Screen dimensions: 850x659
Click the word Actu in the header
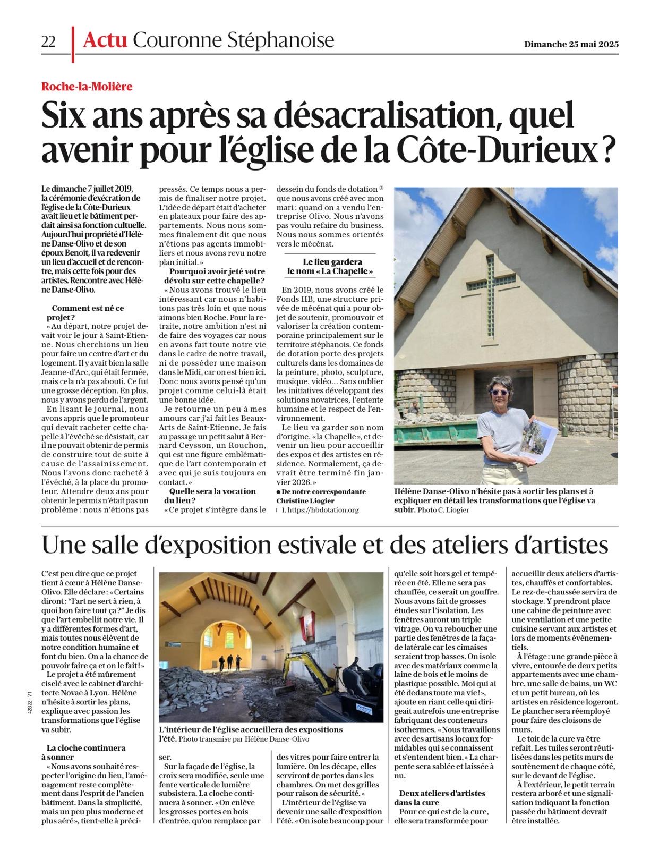pos(105,40)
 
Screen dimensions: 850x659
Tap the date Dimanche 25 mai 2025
pos(571,44)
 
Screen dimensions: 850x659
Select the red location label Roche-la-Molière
pos(87,86)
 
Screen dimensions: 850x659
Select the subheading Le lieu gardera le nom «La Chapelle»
pos(330,267)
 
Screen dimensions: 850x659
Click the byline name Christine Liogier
pos(305,501)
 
